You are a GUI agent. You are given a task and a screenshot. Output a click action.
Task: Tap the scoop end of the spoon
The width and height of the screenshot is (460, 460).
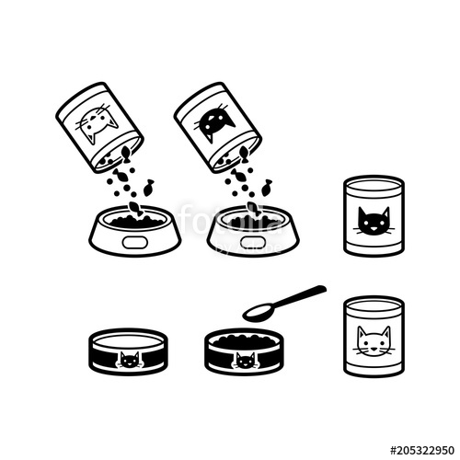point(260,312)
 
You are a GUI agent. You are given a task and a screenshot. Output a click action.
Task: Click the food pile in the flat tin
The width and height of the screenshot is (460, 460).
point(242,339)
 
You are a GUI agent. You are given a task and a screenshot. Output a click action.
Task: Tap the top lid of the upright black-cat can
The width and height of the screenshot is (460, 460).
point(372,183)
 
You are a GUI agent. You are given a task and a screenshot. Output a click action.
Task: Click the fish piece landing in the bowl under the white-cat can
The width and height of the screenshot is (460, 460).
point(135,210)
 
